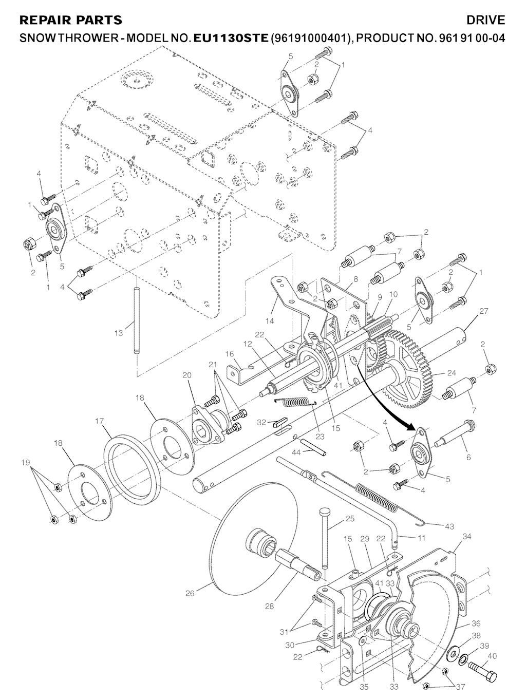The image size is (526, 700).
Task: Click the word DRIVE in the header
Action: pos(485,20)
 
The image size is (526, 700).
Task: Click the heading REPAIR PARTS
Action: pos(70,20)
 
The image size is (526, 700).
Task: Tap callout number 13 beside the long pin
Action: pos(119,333)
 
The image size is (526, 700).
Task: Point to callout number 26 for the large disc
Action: pos(190,594)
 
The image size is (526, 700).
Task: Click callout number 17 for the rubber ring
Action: pos(100,421)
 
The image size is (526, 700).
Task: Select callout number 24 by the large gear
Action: pos(452,372)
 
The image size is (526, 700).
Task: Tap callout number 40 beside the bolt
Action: pos(492,656)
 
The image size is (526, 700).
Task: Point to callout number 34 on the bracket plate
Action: pos(466,537)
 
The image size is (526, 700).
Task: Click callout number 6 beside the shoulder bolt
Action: pos(468,457)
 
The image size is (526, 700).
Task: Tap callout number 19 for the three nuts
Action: pos(26,463)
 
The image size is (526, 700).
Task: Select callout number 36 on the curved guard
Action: pos(476,624)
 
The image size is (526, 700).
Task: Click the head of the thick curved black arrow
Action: pos(412,427)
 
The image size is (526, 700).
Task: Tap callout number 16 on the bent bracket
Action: pos(229,354)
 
